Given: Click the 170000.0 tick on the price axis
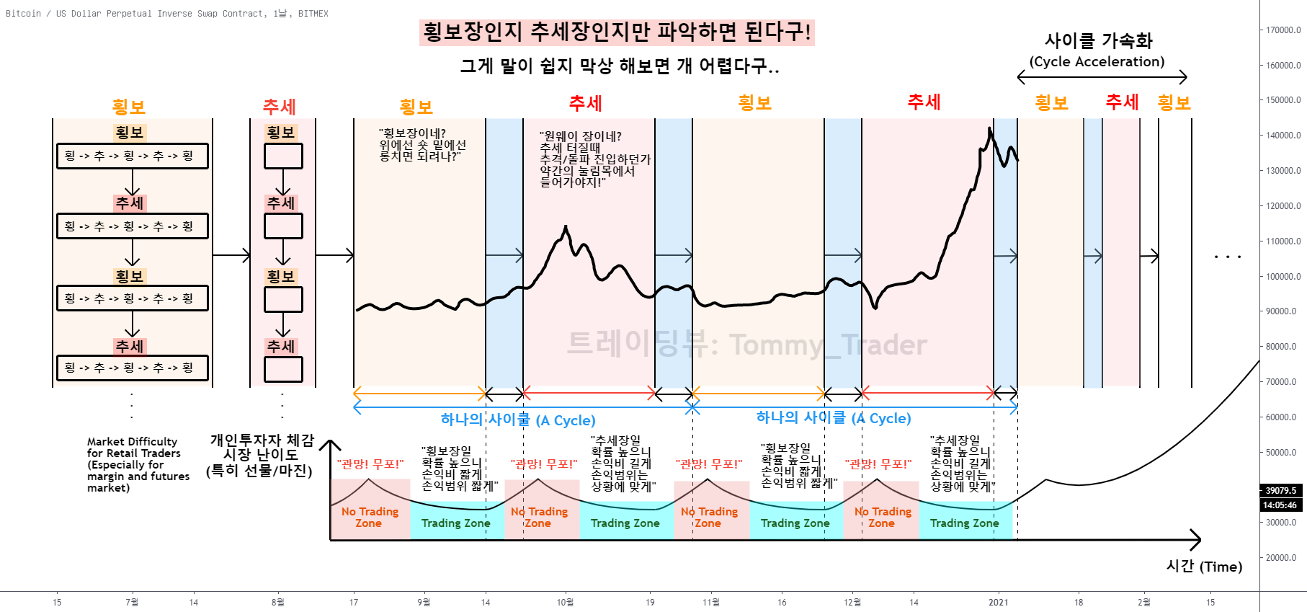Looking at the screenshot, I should click(1283, 30).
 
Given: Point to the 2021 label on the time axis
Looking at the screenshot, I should click(998, 603).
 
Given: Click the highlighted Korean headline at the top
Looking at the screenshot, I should click(617, 32).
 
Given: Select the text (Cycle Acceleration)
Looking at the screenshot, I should click(1097, 62).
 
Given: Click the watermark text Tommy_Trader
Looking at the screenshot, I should click(828, 345).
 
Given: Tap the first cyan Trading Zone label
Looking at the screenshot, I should click(455, 523).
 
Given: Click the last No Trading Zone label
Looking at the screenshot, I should click(882, 518).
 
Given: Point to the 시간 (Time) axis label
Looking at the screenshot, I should click(1204, 567).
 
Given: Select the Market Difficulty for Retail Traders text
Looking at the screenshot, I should click(137, 464).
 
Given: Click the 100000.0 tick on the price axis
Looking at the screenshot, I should click(1283, 277).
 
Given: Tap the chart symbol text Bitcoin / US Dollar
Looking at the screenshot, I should click(72, 14).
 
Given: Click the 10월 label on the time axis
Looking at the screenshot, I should click(565, 603).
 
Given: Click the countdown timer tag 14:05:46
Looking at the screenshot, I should click(1280, 505).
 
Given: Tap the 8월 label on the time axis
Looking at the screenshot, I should click(277, 603).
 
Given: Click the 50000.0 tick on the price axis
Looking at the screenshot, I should click(1283, 453).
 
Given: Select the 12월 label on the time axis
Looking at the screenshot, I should click(852, 603).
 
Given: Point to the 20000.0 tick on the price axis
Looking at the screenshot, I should click(1283, 558).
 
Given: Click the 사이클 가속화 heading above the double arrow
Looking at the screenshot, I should click(1098, 40).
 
